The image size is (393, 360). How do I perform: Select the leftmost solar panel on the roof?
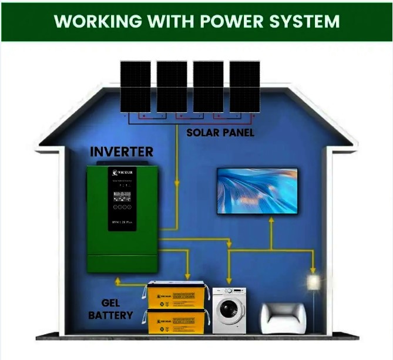click(x=136, y=86)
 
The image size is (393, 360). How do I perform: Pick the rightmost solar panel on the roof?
click(x=244, y=86)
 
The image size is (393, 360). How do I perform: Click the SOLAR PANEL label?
click(x=220, y=133)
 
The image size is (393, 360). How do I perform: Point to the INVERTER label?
click(x=122, y=152)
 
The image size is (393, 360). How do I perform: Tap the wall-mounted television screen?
click(x=257, y=191)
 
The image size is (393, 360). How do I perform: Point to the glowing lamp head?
click(x=313, y=281)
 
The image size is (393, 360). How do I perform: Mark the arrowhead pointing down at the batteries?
click(x=187, y=276)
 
